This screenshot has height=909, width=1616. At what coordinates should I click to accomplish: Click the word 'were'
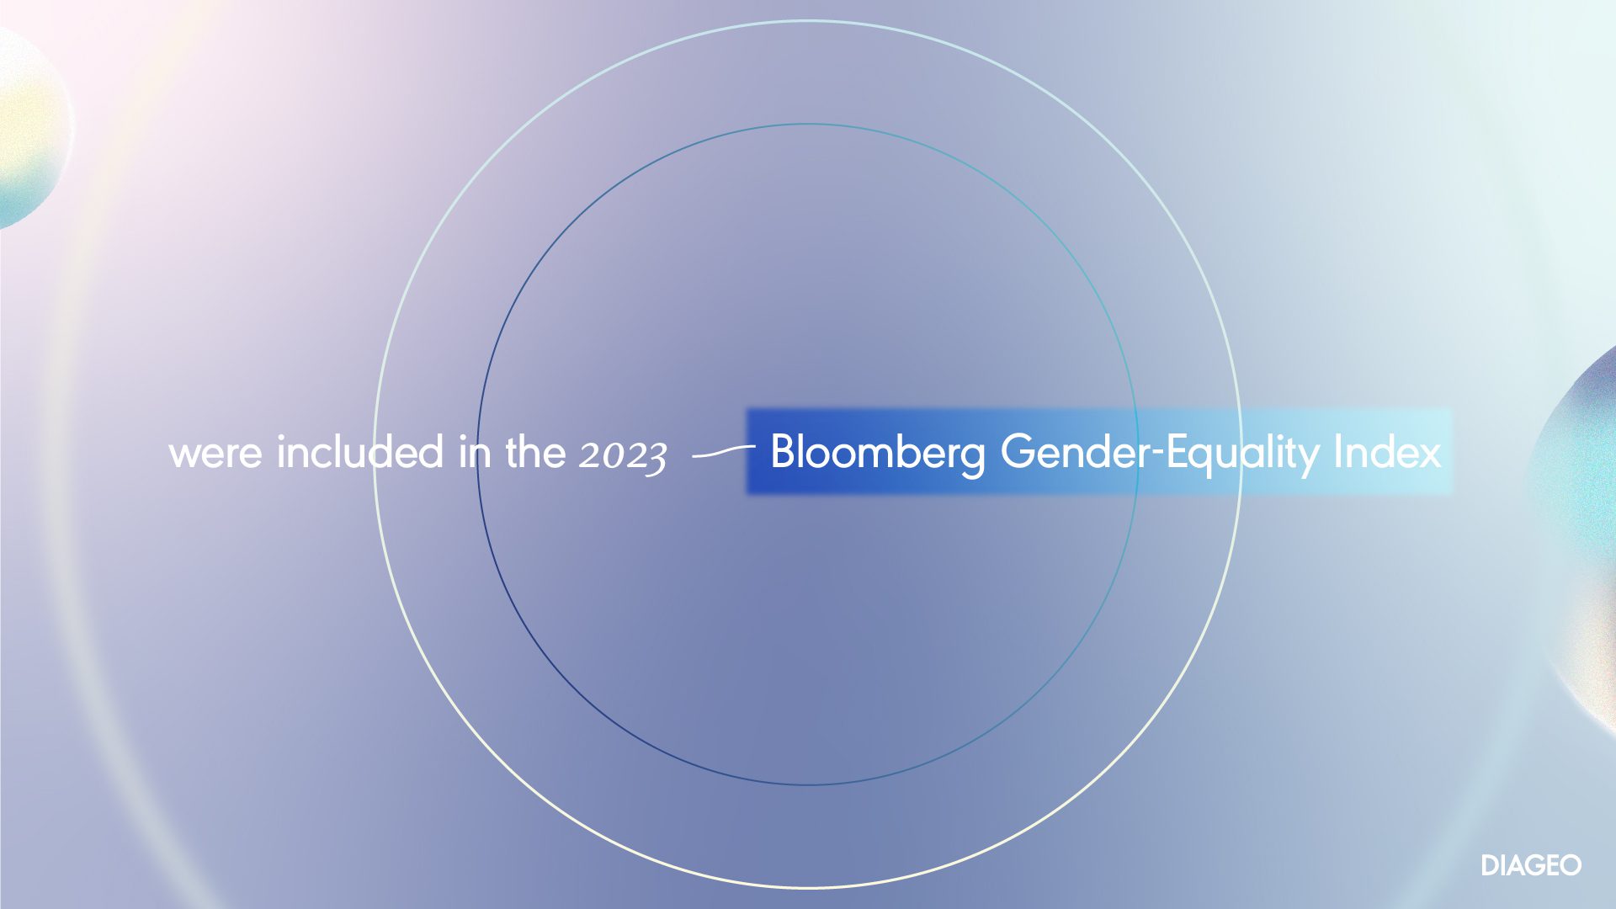coord(215,454)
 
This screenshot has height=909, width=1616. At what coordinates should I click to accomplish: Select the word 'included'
coord(360,451)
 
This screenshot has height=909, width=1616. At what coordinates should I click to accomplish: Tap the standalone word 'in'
coord(475,451)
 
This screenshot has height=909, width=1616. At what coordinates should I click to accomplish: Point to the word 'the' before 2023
coord(535,451)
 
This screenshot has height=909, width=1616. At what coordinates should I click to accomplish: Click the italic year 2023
coord(623,456)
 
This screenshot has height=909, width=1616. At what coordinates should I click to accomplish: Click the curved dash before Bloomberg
coord(723,453)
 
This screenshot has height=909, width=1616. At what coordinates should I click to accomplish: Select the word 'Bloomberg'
coord(878,453)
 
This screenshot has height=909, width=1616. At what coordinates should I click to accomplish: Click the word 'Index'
coord(1388,451)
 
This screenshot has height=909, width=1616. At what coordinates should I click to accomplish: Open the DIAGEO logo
coord(1531,865)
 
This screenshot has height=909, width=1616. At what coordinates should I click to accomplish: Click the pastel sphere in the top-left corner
coord(29,126)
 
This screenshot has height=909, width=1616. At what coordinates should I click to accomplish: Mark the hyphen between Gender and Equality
coord(1158,455)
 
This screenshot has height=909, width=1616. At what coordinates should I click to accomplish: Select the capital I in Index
coord(1338,451)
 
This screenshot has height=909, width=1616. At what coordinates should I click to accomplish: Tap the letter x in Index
coord(1428,456)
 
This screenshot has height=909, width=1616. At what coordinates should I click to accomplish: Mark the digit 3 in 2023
coord(656,460)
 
